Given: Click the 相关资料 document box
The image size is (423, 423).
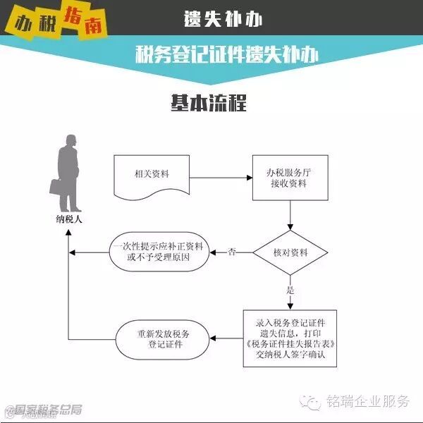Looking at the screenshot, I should click(x=152, y=176).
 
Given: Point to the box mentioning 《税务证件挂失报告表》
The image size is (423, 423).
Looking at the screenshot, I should click(x=290, y=338).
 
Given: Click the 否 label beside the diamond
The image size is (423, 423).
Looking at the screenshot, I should click(x=232, y=252).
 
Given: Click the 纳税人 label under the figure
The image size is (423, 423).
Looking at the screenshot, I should click(x=69, y=219).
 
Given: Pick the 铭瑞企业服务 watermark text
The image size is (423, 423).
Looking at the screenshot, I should click(x=367, y=402).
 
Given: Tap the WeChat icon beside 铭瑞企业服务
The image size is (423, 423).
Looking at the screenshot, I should click(x=313, y=401).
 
